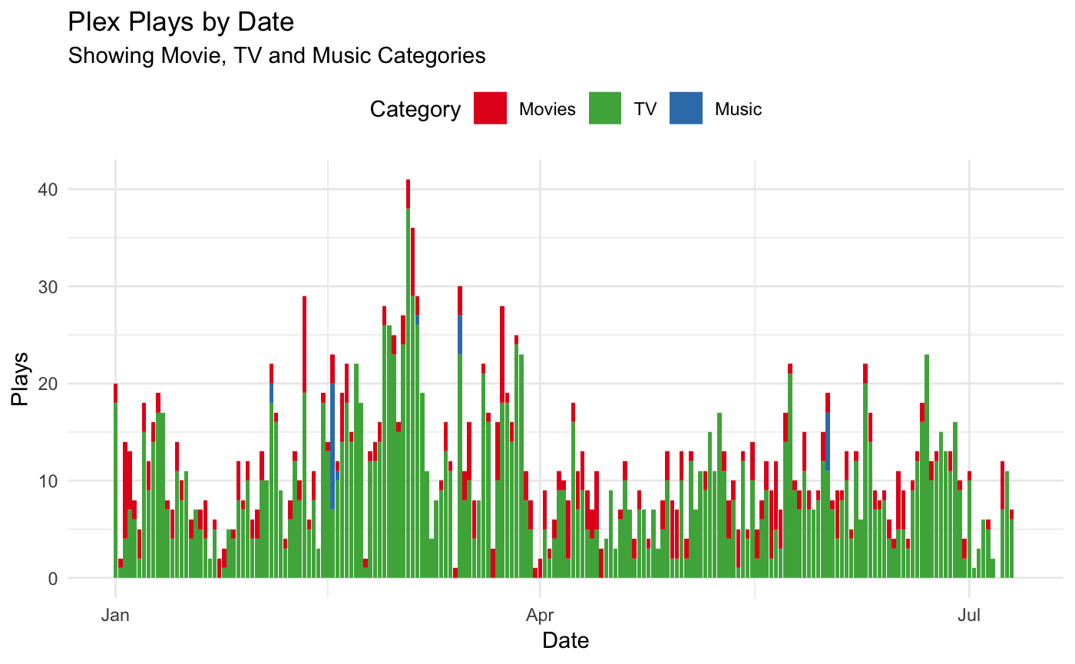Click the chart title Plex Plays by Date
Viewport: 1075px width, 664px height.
[181, 22]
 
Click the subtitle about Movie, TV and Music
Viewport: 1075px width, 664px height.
[276, 56]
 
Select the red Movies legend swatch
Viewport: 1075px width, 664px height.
[490, 108]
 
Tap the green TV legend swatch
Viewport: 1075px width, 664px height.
[605, 108]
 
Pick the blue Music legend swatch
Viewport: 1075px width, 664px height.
[686, 108]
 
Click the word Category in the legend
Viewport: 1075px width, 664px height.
[415, 109]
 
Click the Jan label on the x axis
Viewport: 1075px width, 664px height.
[115, 615]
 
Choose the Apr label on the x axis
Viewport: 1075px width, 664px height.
[541, 615]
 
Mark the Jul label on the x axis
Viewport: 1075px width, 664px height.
[970, 615]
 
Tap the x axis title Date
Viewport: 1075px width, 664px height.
[566, 639]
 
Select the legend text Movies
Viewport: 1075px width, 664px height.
[547, 109]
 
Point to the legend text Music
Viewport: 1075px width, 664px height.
[738, 109]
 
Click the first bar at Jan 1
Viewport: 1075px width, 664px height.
[115, 484]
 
